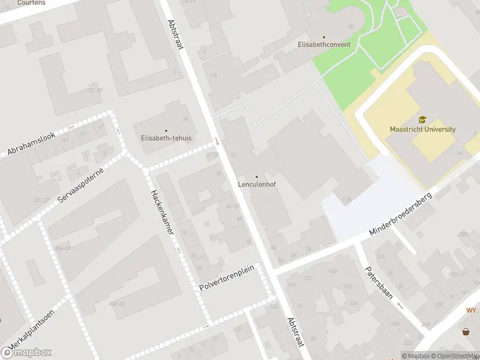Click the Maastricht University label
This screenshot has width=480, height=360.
point(422,129)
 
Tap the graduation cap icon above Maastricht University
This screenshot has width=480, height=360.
point(422,120)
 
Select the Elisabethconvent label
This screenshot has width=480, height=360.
point(324,45)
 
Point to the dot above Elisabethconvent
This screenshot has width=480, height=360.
point(324,37)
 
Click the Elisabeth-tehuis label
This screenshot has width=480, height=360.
point(166,138)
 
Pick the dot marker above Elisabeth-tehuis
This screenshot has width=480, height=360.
point(166,130)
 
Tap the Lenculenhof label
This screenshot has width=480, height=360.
point(257,185)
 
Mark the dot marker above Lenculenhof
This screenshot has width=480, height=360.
point(257,177)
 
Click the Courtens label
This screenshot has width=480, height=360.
point(32,3)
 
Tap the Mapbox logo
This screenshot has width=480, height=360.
point(26,353)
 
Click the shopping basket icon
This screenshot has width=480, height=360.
point(466,331)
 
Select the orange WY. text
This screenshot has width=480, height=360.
point(472,310)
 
